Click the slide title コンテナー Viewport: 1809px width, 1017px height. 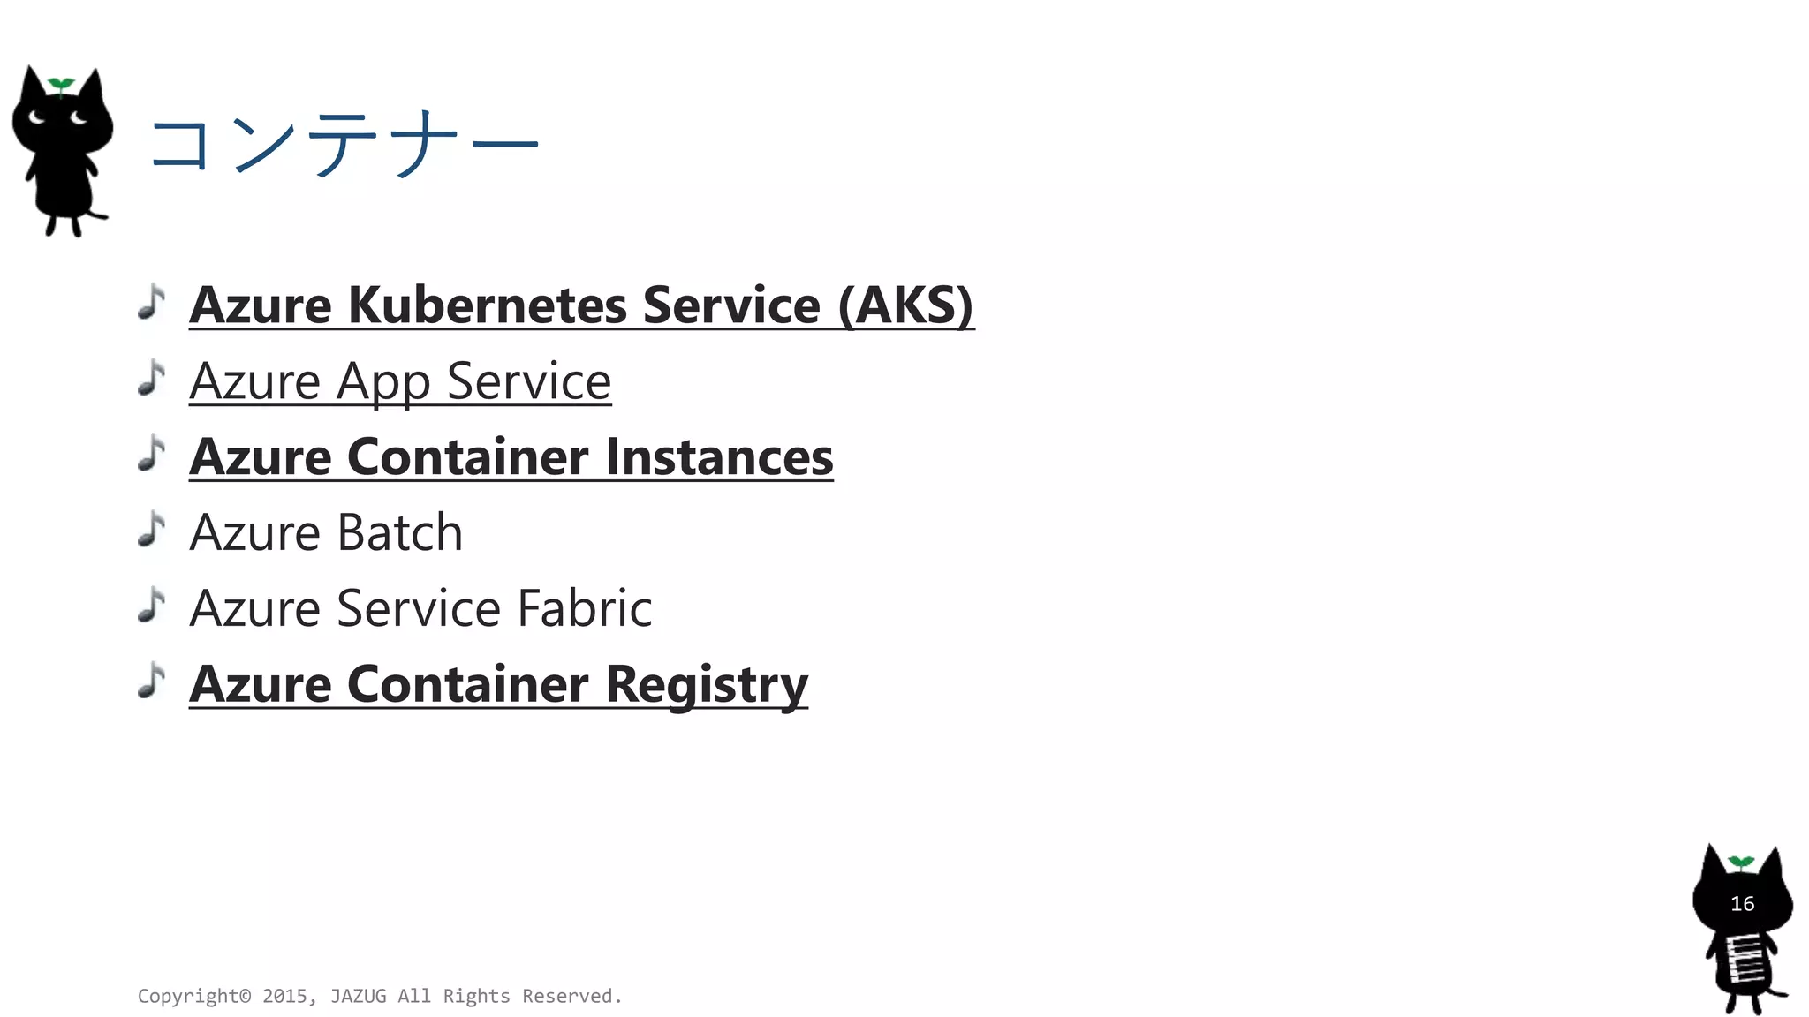point(344,143)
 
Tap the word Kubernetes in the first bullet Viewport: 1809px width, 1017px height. point(487,305)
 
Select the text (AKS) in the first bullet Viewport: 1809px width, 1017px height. point(905,305)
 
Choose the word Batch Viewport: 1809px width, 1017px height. point(400,533)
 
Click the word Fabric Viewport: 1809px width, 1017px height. point(584,609)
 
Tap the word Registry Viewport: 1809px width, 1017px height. point(707,685)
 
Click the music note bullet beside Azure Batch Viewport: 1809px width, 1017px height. point(152,530)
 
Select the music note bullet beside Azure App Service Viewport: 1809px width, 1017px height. point(152,378)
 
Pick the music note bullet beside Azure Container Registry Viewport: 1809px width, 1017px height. point(152,681)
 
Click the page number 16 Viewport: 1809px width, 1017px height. point(1742,904)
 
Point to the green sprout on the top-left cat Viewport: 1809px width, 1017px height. point(60,85)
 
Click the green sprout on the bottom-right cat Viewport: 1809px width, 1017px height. point(1740,862)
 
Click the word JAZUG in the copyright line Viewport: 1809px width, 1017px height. point(358,997)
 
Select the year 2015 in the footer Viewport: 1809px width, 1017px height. point(284,997)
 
